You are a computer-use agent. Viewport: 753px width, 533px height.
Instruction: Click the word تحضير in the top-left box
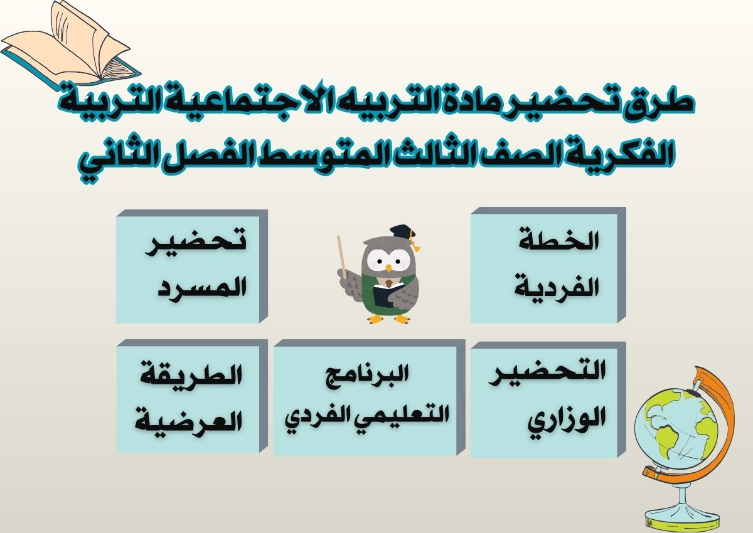(195, 245)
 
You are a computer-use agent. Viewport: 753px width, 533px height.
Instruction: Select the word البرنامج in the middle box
(368, 376)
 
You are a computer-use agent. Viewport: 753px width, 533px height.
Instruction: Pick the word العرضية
(189, 418)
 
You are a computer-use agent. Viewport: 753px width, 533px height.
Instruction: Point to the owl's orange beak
(388, 268)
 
